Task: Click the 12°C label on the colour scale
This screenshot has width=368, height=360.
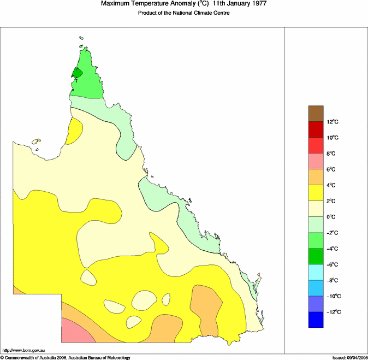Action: [334, 122]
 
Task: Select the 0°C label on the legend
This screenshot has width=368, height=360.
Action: [333, 217]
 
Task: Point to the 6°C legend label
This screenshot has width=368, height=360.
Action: [333, 169]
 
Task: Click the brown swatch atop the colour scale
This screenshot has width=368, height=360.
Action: [316, 114]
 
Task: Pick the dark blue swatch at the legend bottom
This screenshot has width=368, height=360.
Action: [316, 320]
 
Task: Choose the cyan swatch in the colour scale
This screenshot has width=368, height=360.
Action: [316, 272]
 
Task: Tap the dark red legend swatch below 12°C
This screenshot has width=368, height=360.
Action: [316, 129]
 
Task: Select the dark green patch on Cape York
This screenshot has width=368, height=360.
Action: [77, 73]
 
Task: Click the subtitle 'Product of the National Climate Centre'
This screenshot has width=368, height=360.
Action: [183, 13]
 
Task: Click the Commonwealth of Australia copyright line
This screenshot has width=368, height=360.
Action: [66, 357]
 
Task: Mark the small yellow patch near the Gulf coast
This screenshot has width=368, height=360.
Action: [74, 131]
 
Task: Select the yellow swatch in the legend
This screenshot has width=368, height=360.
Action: [316, 193]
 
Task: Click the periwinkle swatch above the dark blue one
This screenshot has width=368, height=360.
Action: [316, 304]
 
